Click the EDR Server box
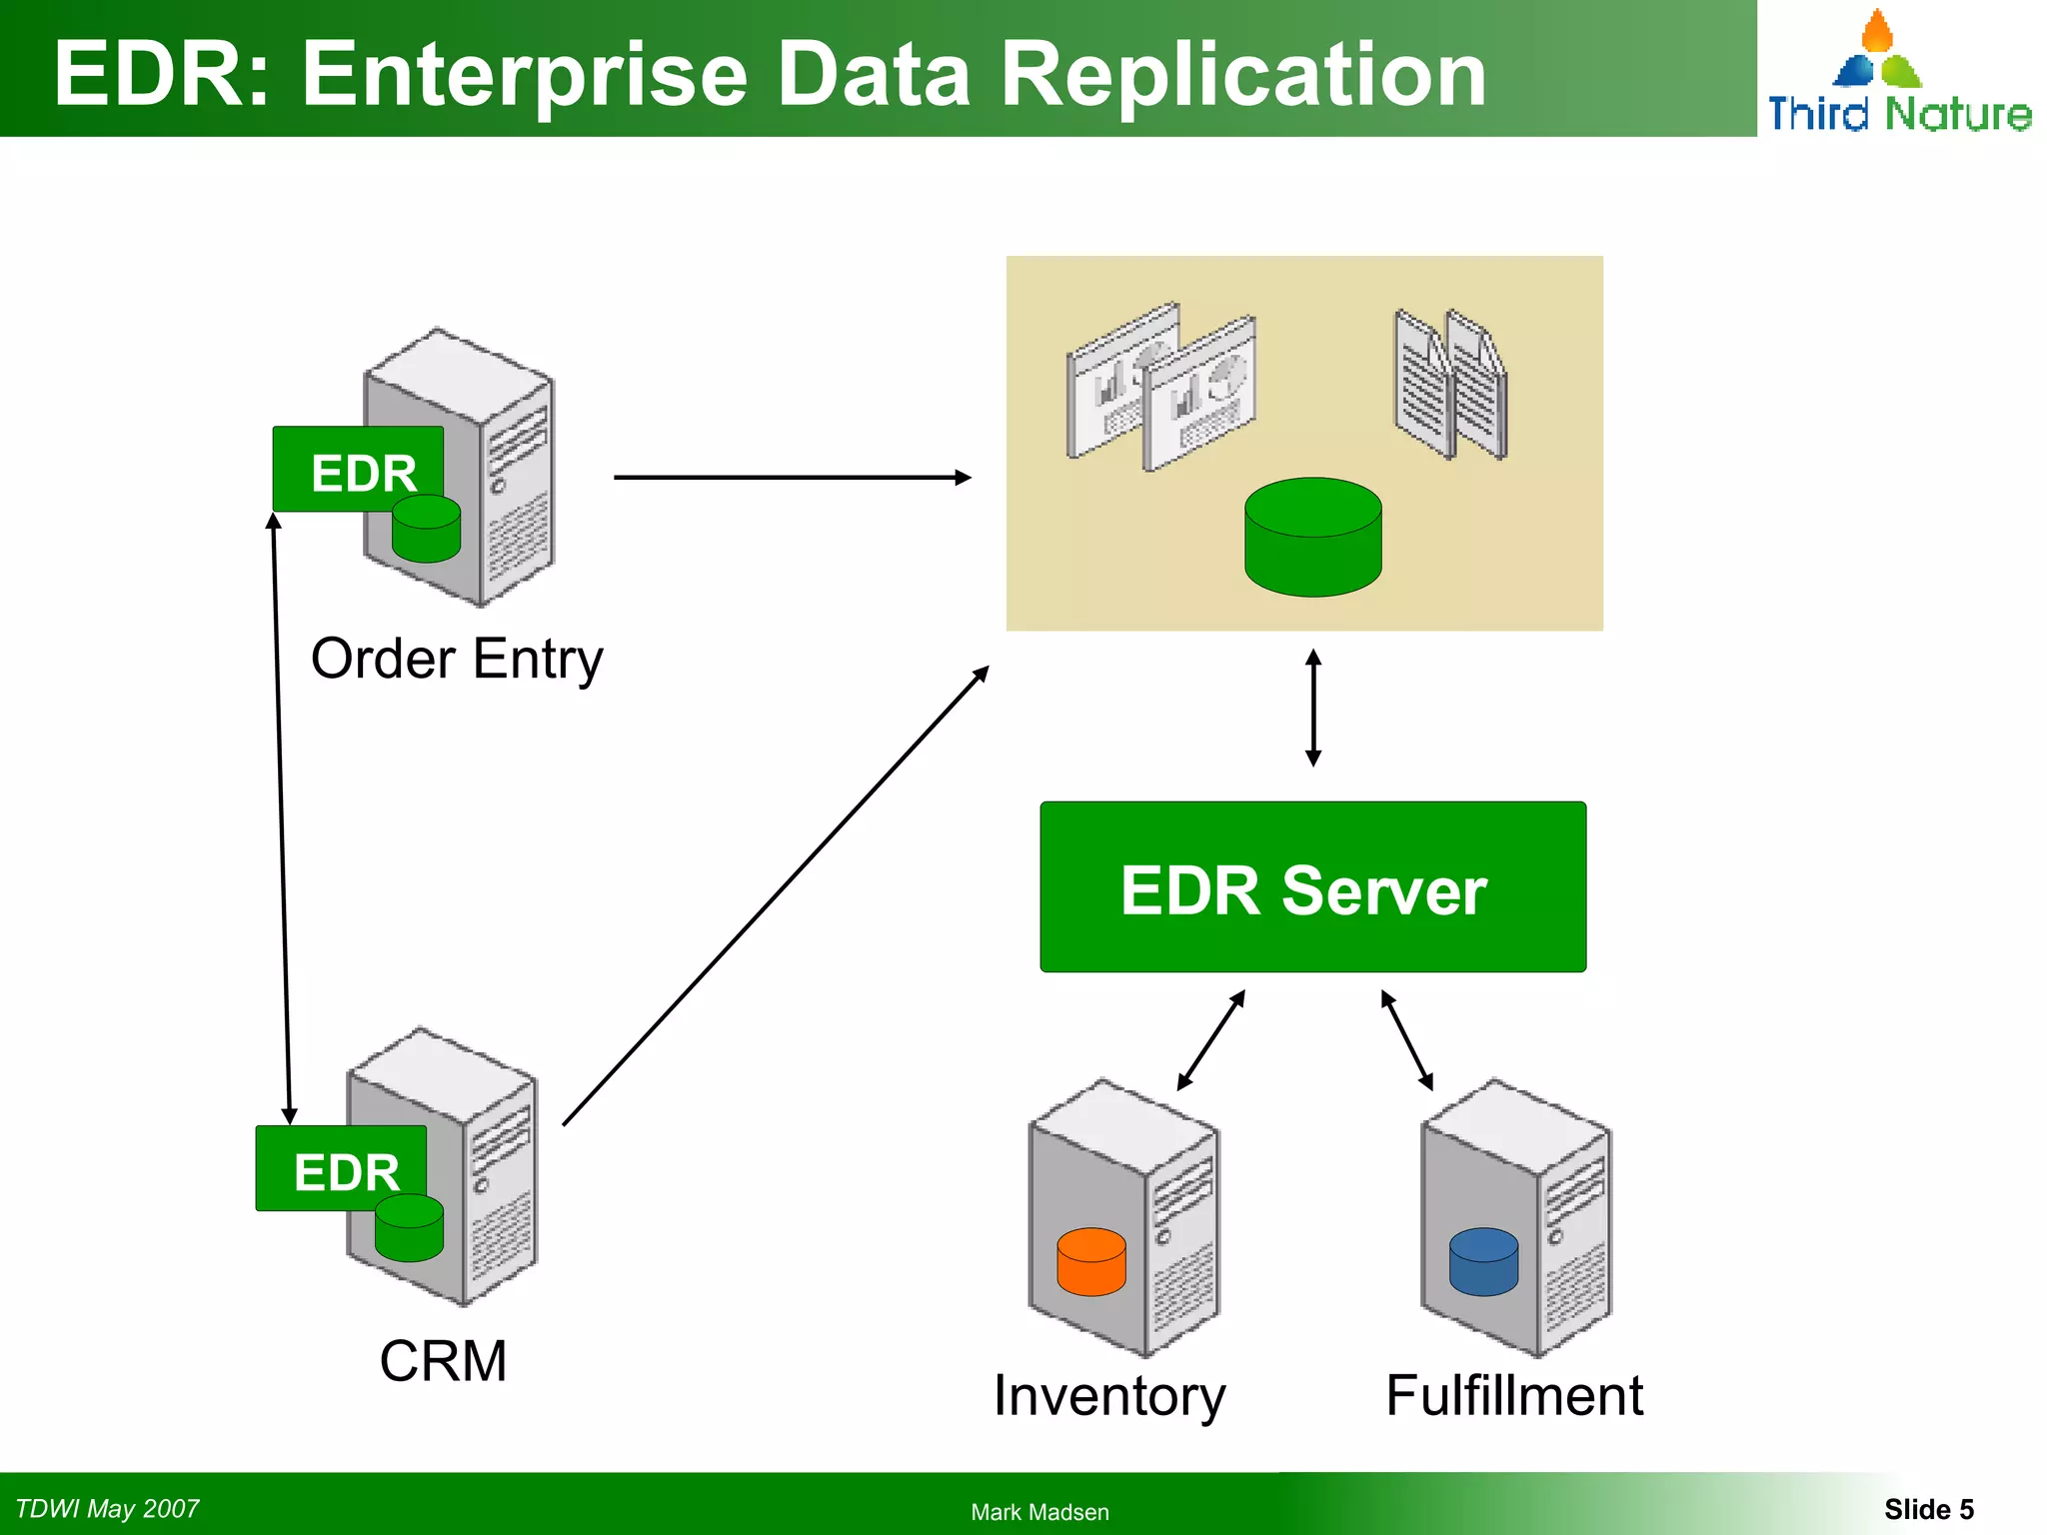click(1312, 887)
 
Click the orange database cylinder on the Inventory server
click(1090, 1262)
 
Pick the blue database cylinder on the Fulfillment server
click(1483, 1262)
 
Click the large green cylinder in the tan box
click(1312, 538)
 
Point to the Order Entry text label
click(457, 660)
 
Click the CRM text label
click(443, 1361)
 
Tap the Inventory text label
click(1108, 1395)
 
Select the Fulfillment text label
click(1513, 1395)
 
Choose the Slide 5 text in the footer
click(1928, 1509)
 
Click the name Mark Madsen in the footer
click(1039, 1512)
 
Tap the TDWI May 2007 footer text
click(107, 1509)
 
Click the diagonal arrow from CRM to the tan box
click(776, 896)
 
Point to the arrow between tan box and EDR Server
click(1313, 708)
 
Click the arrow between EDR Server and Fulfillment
click(1406, 1039)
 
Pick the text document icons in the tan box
click(1449, 385)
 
